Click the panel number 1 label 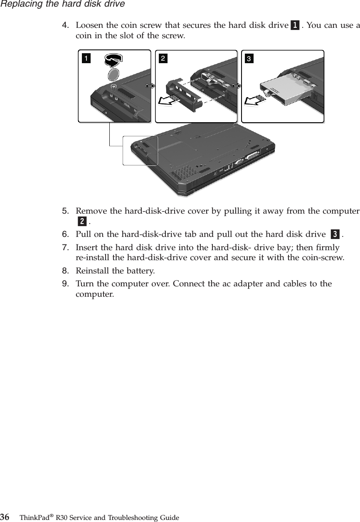pyautogui.click(x=86, y=58)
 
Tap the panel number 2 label pyautogui.click(x=162, y=58)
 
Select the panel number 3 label pyautogui.click(x=249, y=58)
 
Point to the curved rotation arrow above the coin pyautogui.click(x=113, y=61)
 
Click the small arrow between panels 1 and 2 pyautogui.click(x=150, y=86)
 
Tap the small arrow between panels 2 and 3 pyautogui.click(x=237, y=86)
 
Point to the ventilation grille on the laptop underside pyautogui.click(x=183, y=172)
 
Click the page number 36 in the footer pyautogui.click(x=5, y=517)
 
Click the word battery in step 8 pyautogui.click(x=141, y=271)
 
